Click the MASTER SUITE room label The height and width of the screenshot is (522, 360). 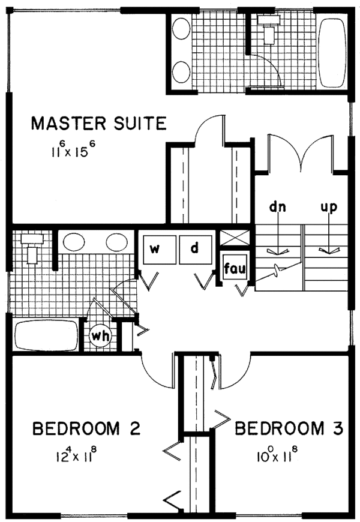[x=98, y=124]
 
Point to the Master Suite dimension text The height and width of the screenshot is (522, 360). [x=74, y=148]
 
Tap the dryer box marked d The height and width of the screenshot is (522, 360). [x=195, y=248]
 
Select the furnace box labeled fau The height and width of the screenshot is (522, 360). [x=232, y=267]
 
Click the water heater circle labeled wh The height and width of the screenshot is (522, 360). [x=100, y=335]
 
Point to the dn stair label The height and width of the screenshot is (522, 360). [x=277, y=208]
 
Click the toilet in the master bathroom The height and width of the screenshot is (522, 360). [x=267, y=27]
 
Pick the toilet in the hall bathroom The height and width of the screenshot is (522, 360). [x=31, y=248]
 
